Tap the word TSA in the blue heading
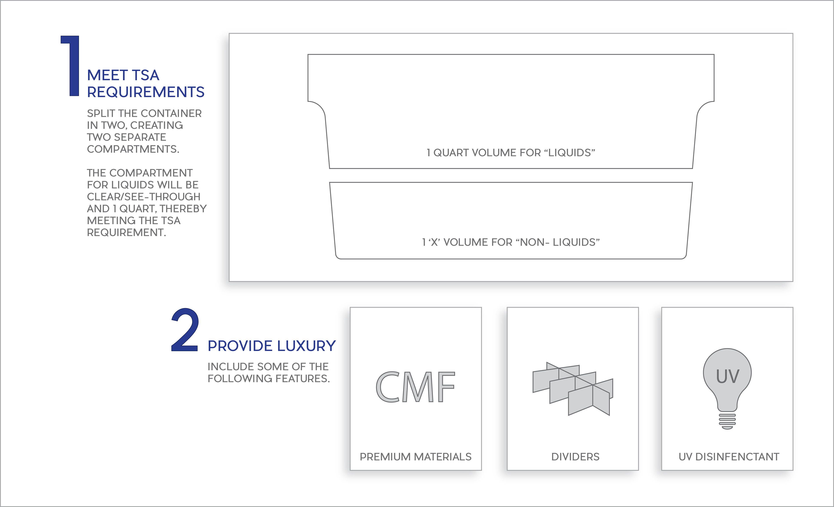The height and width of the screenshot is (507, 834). [x=145, y=75]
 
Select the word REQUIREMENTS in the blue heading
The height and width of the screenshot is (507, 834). [x=146, y=92]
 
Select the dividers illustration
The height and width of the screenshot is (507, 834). [x=573, y=389]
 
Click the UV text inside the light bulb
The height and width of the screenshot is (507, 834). [x=727, y=376]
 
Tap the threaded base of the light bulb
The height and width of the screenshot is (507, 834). [x=727, y=421]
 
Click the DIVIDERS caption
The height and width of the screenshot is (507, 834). [x=575, y=457]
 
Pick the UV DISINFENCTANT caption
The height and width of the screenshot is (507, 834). [x=729, y=457]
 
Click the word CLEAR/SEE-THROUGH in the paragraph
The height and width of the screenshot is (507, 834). [x=144, y=197]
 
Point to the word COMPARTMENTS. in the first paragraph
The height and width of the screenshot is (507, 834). [x=133, y=149]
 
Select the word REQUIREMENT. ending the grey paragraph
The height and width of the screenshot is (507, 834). [x=126, y=233]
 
